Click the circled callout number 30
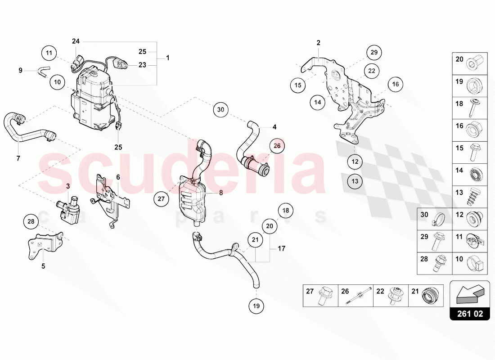point(220,109)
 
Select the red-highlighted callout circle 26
point(277,145)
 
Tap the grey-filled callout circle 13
point(355,181)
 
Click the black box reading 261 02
point(469,314)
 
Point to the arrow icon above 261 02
point(469,293)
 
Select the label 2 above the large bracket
point(318,43)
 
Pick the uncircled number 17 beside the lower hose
point(281,248)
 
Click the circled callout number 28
point(31,221)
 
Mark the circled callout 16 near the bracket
point(395,84)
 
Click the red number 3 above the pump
point(68,186)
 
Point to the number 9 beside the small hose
point(20,70)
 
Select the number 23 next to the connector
point(142,65)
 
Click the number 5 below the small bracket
point(44,266)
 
